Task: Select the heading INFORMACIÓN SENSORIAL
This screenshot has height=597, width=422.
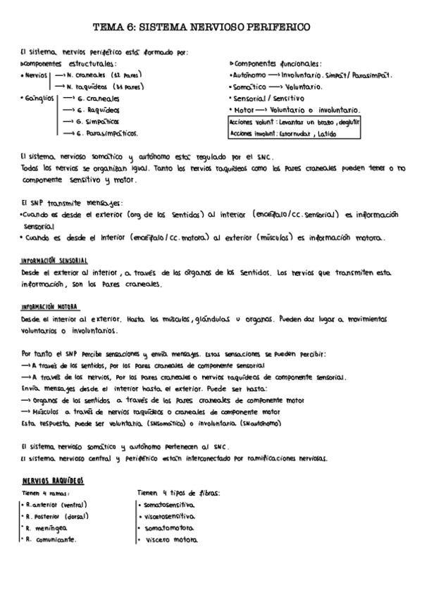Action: pos(54,260)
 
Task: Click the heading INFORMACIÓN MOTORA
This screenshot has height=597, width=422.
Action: pos(50,307)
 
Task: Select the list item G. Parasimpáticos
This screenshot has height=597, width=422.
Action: pos(106,132)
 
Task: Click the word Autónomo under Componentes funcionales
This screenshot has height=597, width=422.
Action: pos(250,75)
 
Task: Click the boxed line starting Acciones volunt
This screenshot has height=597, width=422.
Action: pos(295,122)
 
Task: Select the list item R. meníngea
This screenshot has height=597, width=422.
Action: pos(46,527)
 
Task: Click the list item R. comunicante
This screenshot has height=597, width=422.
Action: pos(51,539)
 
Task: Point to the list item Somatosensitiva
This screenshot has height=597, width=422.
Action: pos(168,505)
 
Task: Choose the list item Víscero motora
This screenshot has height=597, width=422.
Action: pos(170,539)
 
